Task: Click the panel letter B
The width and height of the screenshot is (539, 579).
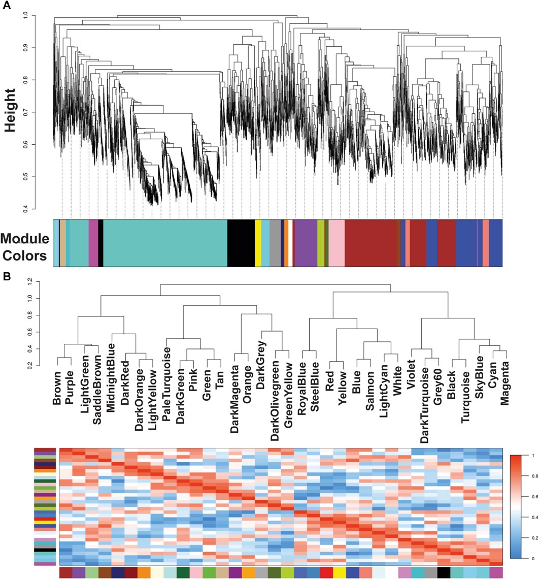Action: point(6,277)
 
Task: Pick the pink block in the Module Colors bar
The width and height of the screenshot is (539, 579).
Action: point(336,243)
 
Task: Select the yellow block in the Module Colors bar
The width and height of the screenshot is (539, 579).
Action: point(258,243)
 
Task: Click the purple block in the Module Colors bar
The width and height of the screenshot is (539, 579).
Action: point(306,243)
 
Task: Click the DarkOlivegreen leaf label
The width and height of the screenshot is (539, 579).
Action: point(275,394)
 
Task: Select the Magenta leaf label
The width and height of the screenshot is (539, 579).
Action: point(504,378)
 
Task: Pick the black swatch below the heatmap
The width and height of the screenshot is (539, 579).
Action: point(444,572)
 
